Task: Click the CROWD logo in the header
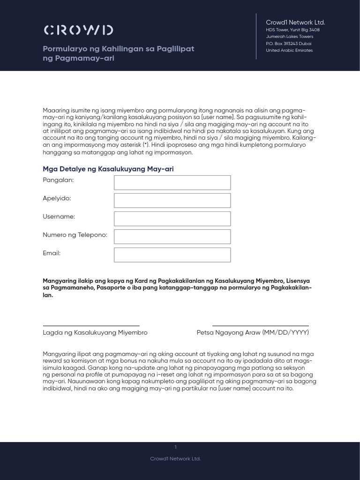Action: point(78,30)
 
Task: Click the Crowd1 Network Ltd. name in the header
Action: point(295,22)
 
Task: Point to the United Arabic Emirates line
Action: point(289,51)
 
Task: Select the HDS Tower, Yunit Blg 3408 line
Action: point(293,30)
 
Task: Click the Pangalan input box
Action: point(172,183)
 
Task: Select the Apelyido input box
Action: point(172,201)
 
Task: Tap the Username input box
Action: point(172,219)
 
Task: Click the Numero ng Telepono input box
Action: point(172,237)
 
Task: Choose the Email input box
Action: point(172,255)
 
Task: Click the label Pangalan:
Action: point(58,180)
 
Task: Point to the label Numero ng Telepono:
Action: point(75,235)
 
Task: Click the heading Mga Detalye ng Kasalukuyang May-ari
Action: point(108,169)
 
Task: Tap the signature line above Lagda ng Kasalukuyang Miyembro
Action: point(91,325)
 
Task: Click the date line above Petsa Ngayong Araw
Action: point(261,325)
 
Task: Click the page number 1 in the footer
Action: point(175,447)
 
